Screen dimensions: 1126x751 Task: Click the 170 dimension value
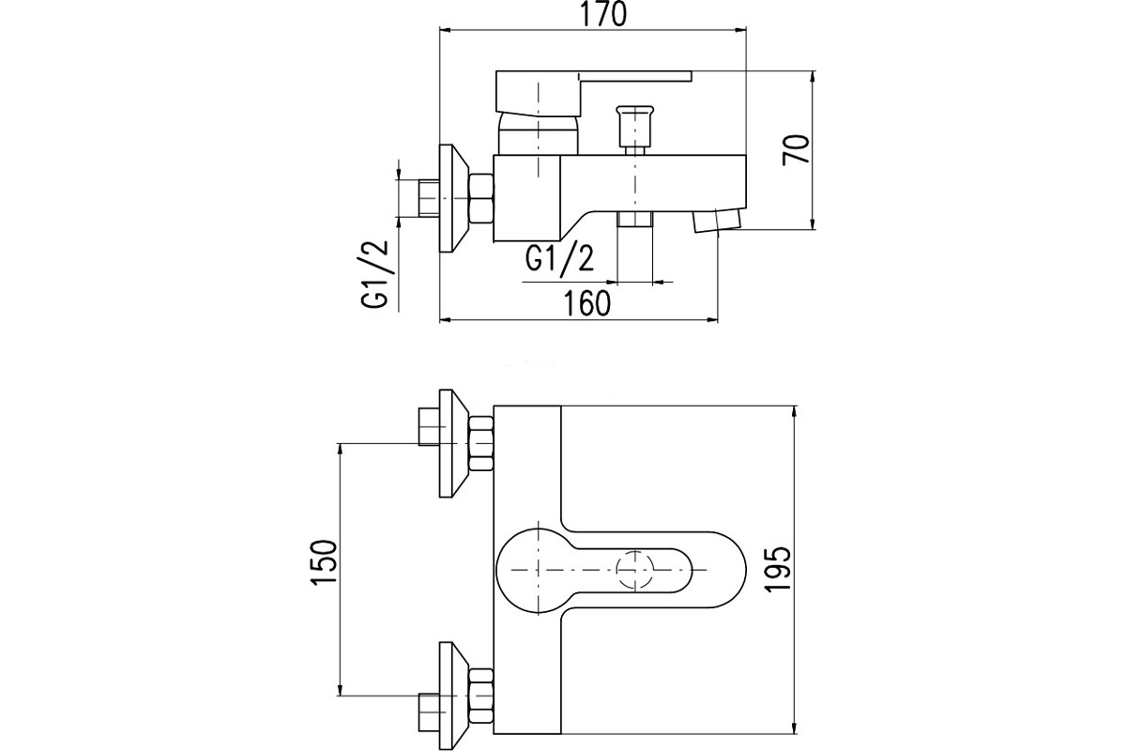[x=604, y=14]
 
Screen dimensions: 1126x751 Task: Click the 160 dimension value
[x=587, y=303]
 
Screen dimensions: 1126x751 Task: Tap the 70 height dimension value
[x=796, y=149]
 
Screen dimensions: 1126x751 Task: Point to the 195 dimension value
[x=778, y=570]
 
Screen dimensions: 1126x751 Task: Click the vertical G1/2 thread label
[x=374, y=273]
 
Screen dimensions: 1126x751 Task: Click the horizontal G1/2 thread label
[x=559, y=259]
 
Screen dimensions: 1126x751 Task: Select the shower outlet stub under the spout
[x=635, y=219]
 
